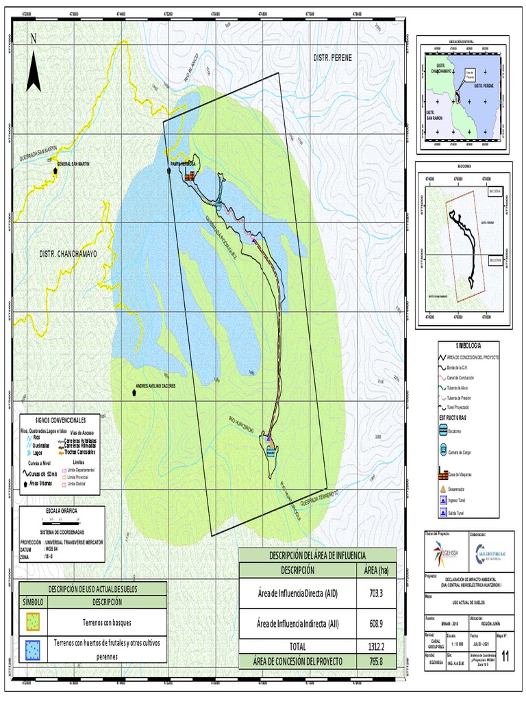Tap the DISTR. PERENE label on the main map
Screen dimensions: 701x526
[332, 58]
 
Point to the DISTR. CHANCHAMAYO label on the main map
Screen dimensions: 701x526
[68, 253]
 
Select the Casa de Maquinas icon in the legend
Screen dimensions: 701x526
[442, 474]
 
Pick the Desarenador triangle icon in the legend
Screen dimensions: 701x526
[442, 489]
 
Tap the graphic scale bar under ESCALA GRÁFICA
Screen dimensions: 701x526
[62, 520]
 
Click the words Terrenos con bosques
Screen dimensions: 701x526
[106, 624]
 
